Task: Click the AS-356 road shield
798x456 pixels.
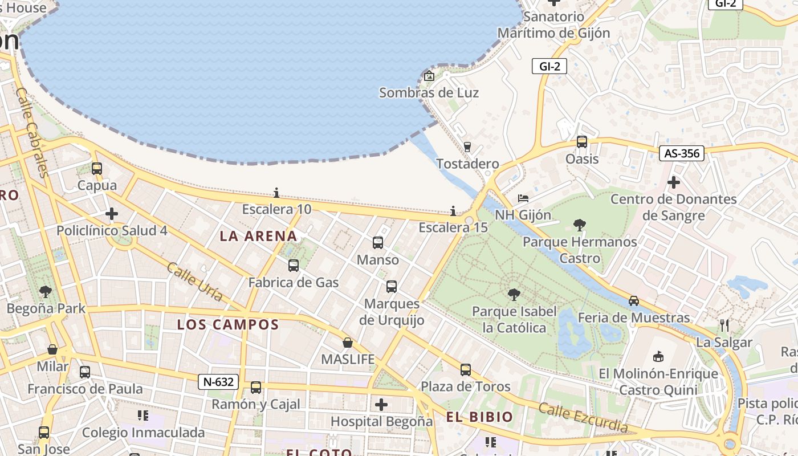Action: (x=682, y=153)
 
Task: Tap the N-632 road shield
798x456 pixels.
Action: (x=218, y=382)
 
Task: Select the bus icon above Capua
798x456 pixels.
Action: (x=97, y=169)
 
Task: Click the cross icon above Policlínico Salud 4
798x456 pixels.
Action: (x=112, y=214)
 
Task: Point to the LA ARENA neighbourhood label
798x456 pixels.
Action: (x=258, y=236)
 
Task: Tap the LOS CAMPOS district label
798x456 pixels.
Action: (x=227, y=325)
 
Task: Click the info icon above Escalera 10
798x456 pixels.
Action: (x=276, y=193)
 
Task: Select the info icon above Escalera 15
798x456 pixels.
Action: (x=453, y=211)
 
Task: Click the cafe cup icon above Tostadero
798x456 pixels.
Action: (x=467, y=147)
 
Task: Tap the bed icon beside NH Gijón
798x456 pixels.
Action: (x=523, y=198)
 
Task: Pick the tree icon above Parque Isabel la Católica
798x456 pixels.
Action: (x=514, y=295)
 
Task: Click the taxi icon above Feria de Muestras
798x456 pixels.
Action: (x=634, y=300)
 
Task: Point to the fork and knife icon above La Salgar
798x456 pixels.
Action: (x=724, y=325)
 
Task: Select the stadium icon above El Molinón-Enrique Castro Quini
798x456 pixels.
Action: (x=658, y=356)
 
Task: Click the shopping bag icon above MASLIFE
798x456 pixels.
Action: (x=348, y=343)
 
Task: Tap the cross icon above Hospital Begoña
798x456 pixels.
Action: (x=381, y=405)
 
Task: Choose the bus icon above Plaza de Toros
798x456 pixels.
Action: (x=466, y=370)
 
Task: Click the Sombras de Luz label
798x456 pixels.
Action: (x=429, y=92)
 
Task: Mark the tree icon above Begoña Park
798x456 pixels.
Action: (x=46, y=292)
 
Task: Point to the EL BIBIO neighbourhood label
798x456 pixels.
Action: (x=479, y=417)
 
